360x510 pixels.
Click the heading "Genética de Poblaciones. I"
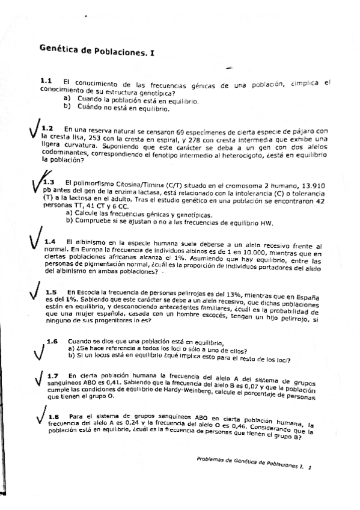click(x=96, y=51)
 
